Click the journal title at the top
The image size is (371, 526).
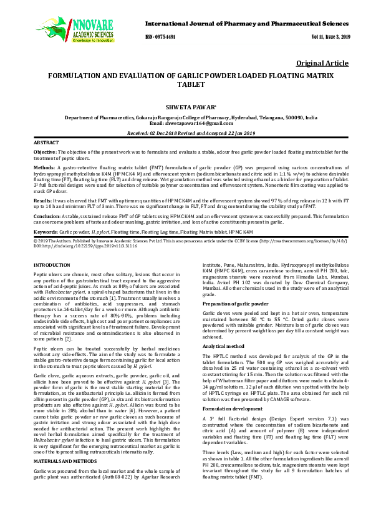[246, 22]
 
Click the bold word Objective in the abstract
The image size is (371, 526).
[44, 152]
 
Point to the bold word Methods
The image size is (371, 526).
[44, 168]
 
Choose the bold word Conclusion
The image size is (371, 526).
[47, 215]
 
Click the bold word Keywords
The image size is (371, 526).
[46, 231]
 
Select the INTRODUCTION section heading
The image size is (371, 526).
[52, 265]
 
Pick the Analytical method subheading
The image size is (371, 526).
[224, 345]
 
